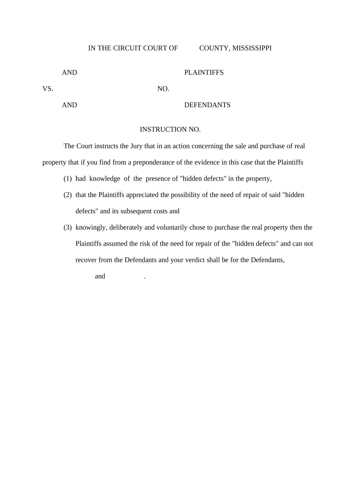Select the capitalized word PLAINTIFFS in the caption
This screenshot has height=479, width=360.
[x=204, y=73]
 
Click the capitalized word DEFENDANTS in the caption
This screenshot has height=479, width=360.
[x=207, y=105]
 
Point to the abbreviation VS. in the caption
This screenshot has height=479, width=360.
[x=48, y=89]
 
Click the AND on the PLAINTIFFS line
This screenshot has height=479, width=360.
[x=70, y=73]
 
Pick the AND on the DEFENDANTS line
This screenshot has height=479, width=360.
[x=70, y=105]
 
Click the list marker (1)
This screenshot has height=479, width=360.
[x=68, y=179]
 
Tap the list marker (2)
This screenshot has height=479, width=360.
[x=68, y=195]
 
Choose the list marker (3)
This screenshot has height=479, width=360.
[x=68, y=228]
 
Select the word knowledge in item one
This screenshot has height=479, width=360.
[x=105, y=179]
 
